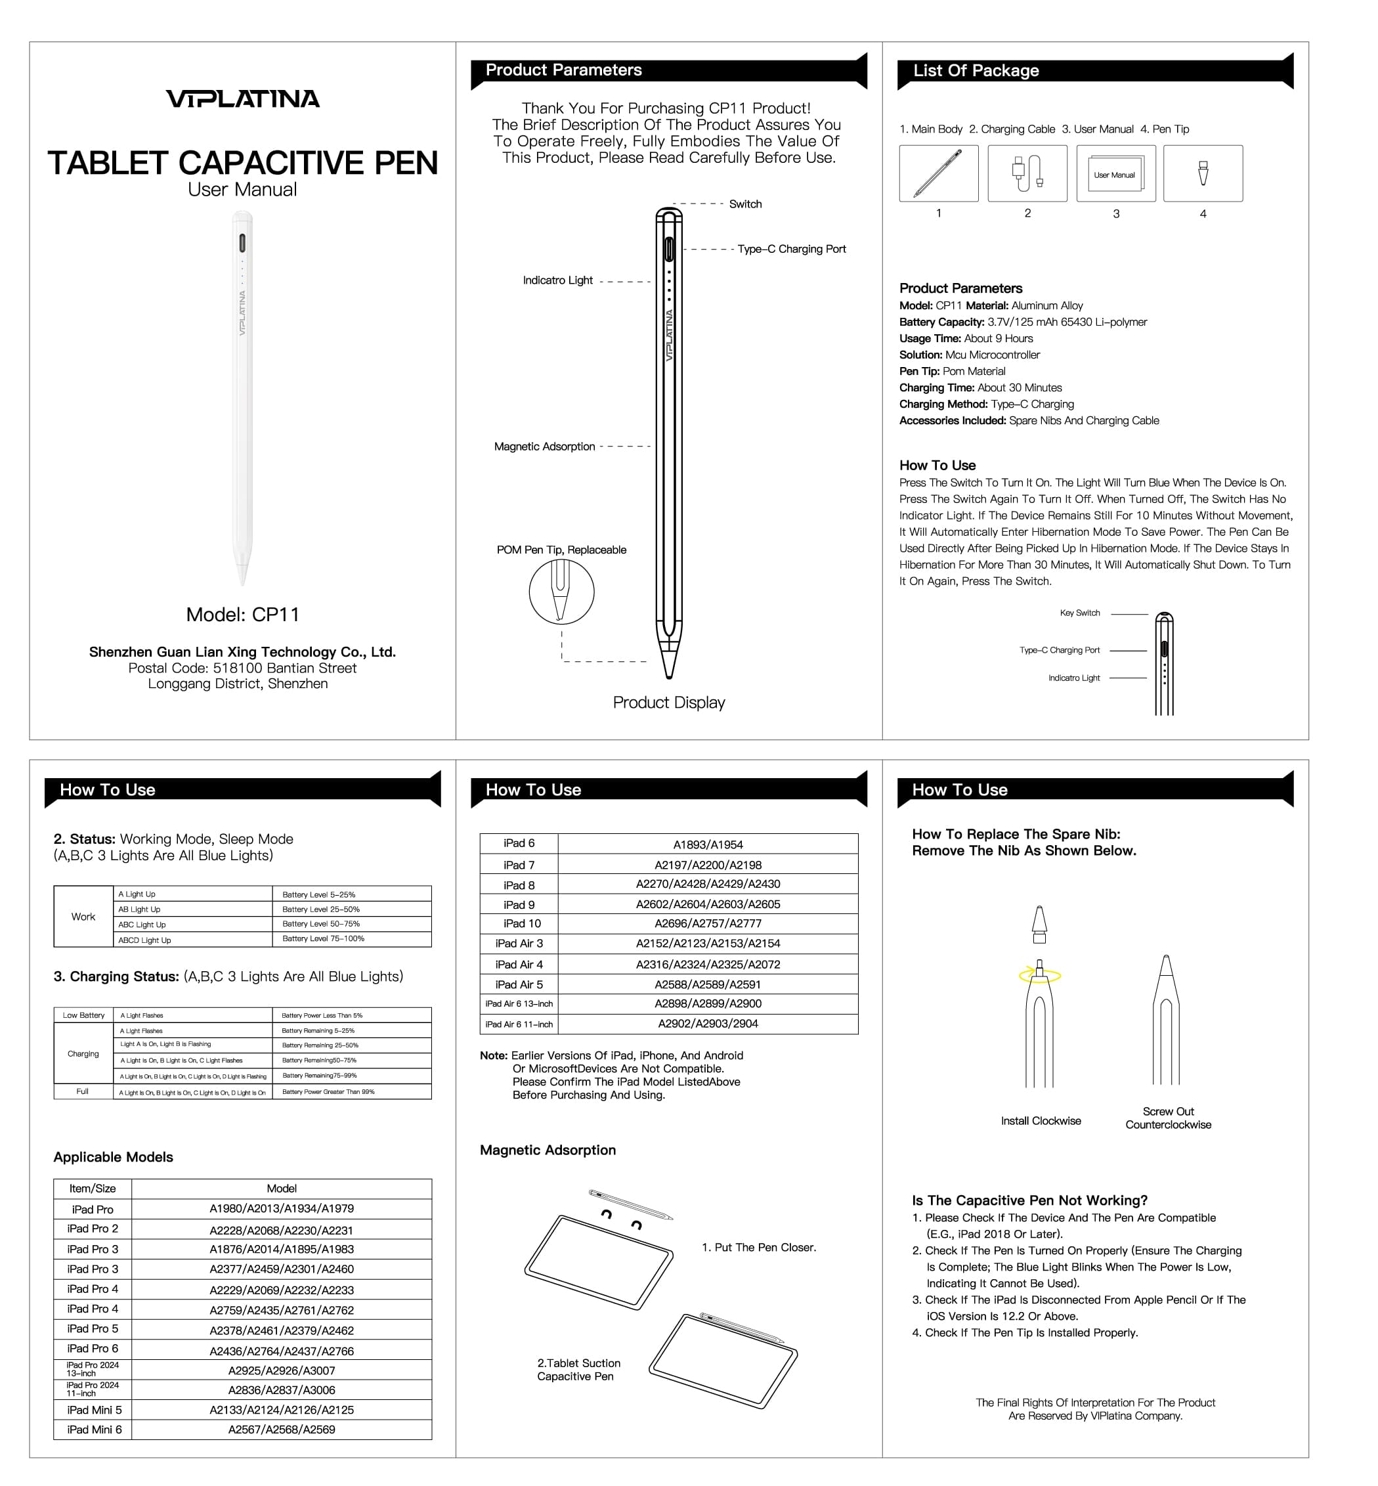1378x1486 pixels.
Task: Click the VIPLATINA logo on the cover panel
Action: pyautogui.click(x=242, y=99)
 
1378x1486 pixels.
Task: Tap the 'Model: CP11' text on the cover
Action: pyautogui.click(x=242, y=615)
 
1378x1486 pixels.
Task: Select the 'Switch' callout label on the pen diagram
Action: pyautogui.click(x=745, y=204)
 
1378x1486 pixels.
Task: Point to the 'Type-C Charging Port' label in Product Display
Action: pyautogui.click(x=791, y=249)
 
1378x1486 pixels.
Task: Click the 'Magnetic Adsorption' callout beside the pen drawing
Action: pyautogui.click(x=544, y=446)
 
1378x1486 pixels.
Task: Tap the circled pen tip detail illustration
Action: pyautogui.click(x=561, y=592)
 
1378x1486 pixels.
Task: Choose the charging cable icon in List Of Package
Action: pyautogui.click(x=1027, y=174)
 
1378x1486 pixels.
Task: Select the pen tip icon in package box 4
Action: pyautogui.click(x=1203, y=173)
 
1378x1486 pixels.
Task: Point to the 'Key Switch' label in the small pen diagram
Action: pyautogui.click(x=1080, y=613)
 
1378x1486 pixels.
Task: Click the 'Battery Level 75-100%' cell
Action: pyautogui.click(x=323, y=938)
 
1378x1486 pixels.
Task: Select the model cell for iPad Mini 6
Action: pyautogui.click(x=282, y=1430)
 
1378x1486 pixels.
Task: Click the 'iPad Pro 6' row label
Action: pyautogui.click(x=93, y=1348)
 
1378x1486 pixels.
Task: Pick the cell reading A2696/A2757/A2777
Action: pyautogui.click(x=708, y=923)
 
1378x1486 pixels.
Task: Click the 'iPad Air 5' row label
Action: pyautogui.click(x=519, y=985)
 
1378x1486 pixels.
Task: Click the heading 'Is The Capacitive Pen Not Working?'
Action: pyautogui.click(x=1030, y=1200)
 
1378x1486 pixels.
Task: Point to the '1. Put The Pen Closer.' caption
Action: pyautogui.click(x=758, y=1247)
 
